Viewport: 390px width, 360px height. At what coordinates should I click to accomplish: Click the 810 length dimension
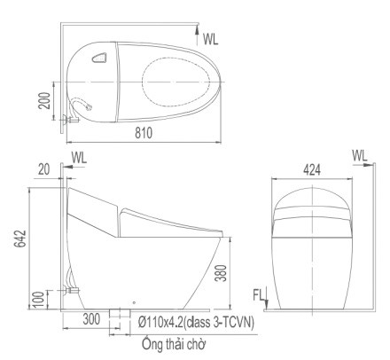(x=144, y=133)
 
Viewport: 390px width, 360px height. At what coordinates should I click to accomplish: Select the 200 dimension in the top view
(x=44, y=101)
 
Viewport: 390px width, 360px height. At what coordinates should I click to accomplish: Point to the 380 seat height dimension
(x=222, y=272)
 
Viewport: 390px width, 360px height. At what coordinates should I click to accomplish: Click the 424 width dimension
(x=312, y=170)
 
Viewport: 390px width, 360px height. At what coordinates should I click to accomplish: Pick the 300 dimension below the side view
(x=91, y=319)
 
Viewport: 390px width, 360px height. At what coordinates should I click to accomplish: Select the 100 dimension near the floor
(x=39, y=299)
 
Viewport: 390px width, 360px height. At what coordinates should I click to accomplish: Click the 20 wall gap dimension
(x=44, y=169)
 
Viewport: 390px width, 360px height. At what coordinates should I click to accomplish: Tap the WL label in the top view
(x=210, y=39)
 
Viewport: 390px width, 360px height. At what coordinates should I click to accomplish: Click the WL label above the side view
(x=79, y=158)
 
